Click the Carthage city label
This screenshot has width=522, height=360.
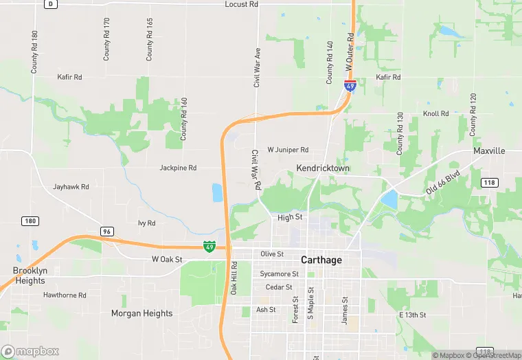pyautogui.click(x=321, y=260)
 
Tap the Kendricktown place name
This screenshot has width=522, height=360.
pyautogui.click(x=323, y=168)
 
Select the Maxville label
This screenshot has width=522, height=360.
pyautogui.click(x=489, y=150)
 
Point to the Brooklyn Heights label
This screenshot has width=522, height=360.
pyautogui.click(x=30, y=275)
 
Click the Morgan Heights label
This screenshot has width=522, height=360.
pyautogui.click(x=142, y=313)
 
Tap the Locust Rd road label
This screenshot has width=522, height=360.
pyautogui.click(x=241, y=4)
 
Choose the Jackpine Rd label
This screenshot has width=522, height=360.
pyautogui.click(x=178, y=168)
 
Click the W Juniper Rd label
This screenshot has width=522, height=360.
pyautogui.click(x=288, y=150)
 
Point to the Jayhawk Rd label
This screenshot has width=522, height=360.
pyautogui.click(x=71, y=187)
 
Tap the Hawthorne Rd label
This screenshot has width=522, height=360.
pyautogui.click(x=65, y=295)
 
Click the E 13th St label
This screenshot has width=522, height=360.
pyautogui.click(x=413, y=315)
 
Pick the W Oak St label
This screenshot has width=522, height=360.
pyautogui.click(x=167, y=260)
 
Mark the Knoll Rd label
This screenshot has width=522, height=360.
pyautogui.click(x=435, y=113)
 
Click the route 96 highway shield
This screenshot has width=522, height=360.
pyautogui.click(x=106, y=231)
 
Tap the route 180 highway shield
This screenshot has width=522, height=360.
pyautogui.click(x=30, y=221)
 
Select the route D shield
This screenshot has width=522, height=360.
pyautogui.click(x=51, y=4)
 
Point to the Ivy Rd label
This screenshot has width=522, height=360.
pyautogui.click(x=147, y=223)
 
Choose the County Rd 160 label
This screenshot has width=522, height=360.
pyautogui.click(x=184, y=120)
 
